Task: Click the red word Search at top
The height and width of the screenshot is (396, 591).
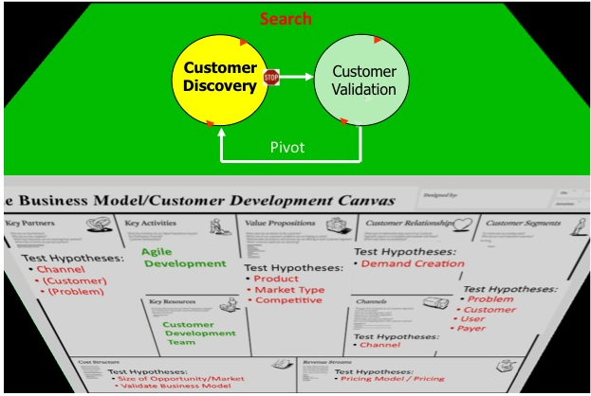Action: point(286,19)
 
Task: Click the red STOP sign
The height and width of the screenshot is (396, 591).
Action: point(271,78)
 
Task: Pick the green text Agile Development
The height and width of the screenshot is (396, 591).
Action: point(184,258)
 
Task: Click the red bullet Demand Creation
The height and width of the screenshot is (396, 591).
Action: point(415,263)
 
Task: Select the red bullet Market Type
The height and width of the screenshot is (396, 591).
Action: point(288,290)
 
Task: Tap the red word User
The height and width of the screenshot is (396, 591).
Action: point(472,319)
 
